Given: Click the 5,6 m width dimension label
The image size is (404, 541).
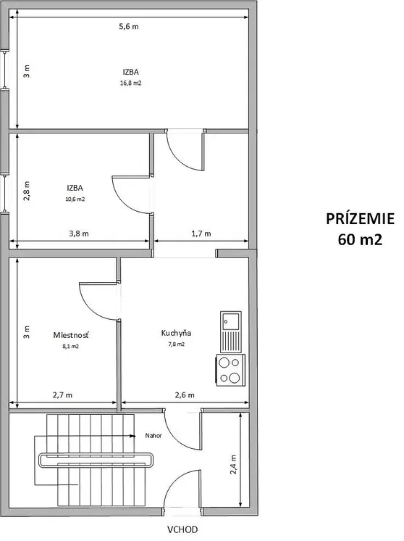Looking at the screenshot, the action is tap(129, 27).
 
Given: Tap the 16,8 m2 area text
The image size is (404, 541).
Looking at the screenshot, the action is tap(130, 83).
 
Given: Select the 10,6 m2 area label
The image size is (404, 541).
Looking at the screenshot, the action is tap(75, 199).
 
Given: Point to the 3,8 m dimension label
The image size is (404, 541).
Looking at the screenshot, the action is tap(79, 234).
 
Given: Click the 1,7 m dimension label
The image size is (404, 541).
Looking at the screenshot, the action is tap(201, 234).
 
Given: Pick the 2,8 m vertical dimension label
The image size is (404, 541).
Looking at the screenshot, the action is tap(27, 191).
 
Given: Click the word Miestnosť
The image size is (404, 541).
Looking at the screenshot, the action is tap(71, 335).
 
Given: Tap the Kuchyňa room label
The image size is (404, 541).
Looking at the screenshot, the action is tap(176, 334).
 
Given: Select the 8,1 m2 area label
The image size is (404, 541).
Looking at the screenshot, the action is tap(71, 346).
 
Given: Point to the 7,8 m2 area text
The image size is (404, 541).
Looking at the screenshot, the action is tap(177, 344).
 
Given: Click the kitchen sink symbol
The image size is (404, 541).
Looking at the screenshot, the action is tap(231, 331).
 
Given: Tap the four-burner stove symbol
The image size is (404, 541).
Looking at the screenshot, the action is tap(231, 370).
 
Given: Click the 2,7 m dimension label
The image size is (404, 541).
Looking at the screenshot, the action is tap(62, 395).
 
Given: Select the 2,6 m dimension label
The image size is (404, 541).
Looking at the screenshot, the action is tap(185, 395).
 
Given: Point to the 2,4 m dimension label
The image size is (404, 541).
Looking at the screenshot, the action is tap(233, 464).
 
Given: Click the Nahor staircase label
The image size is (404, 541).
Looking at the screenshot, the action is tap(153, 436).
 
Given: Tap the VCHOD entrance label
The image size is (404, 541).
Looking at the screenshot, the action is tap(182, 529).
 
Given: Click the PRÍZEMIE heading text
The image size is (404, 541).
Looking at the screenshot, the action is tap(361, 219).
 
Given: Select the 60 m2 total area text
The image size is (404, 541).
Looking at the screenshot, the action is tap(360, 239).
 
